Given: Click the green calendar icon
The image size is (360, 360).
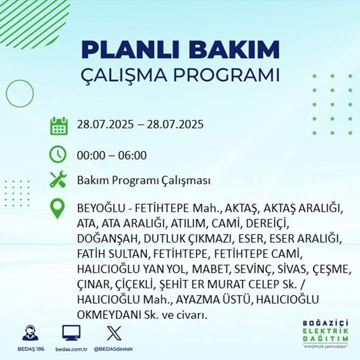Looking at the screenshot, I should coord(58,125).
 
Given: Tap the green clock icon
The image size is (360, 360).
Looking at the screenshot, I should coord(58,156).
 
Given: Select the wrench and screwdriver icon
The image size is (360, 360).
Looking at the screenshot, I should coord(58,180).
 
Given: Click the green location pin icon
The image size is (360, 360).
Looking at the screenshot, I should coord(58,209).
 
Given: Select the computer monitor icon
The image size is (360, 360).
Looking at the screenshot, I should coord(71,333).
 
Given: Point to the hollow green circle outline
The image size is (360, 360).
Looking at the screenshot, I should coord(20,93).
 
